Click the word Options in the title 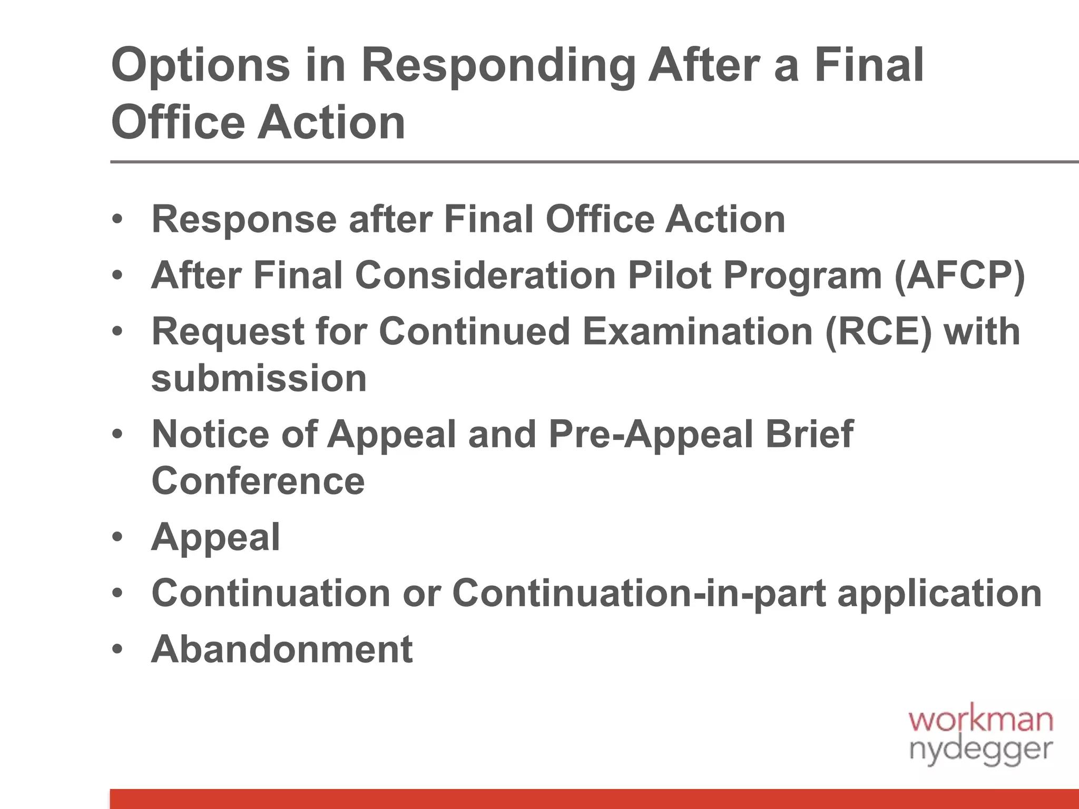click(201, 66)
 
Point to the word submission click(259, 378)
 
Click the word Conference click(258, 480)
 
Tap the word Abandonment click(282, 649)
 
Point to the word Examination click(698, 331)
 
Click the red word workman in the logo click(980, 719)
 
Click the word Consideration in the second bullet click(485, 275)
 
